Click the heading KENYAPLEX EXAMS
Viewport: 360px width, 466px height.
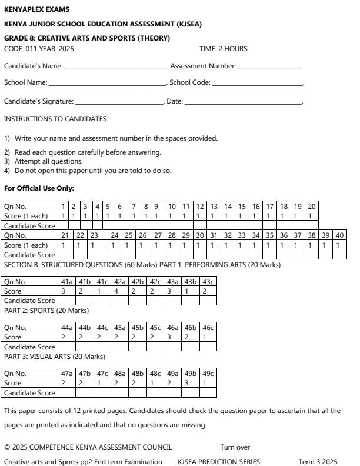36,10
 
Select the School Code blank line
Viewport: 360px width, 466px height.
257,84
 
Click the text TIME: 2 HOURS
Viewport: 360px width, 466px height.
224,49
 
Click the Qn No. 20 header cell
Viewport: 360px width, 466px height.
312,207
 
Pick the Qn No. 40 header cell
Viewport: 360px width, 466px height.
339,235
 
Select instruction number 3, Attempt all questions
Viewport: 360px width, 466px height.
44,161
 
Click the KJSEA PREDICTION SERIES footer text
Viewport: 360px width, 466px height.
218,462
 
